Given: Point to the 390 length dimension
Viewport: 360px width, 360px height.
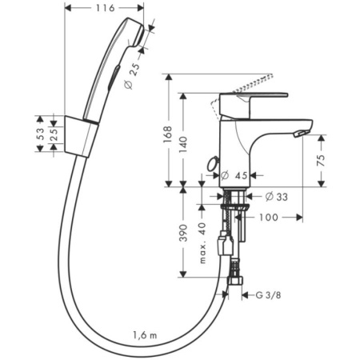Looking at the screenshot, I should (184, 232).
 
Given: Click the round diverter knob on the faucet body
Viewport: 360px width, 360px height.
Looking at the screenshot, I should (212, 165).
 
